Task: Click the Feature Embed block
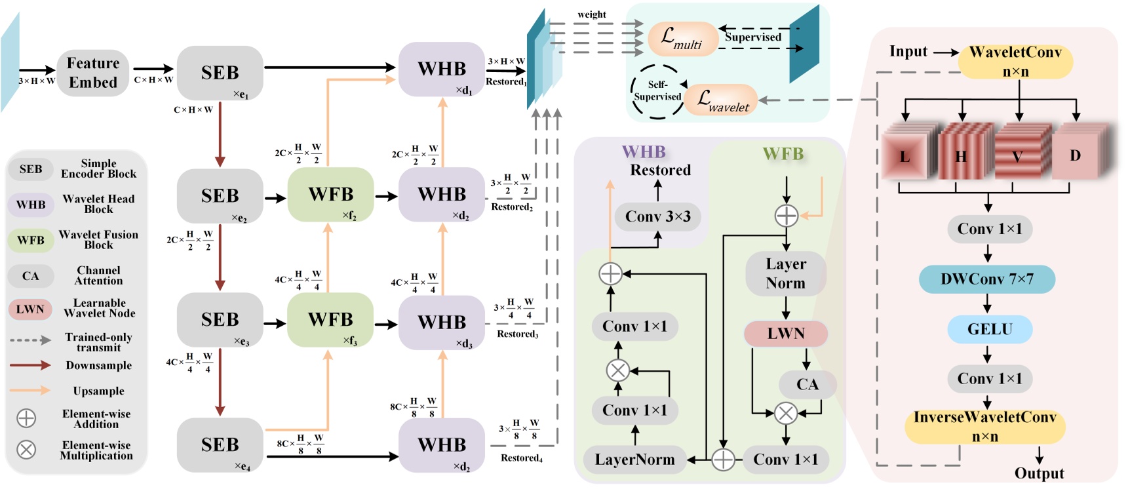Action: tap(93, 73)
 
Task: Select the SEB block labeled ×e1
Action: tap(220, 73)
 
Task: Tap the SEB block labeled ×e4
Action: tap(220, 444)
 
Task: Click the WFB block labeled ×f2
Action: tap(330, 195)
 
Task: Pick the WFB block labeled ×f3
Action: tap(330, 320)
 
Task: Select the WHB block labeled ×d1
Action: tap(442, 69)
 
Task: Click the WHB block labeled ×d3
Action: tap(442, 323)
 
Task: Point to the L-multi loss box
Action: tap(682, 39)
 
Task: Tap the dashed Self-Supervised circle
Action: tap(657, 91)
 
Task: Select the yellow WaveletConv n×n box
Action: tap(1015, 62)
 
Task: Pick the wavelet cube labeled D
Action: tap(1076, 155)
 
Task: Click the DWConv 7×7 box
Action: tap(987, 279)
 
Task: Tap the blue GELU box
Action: tap(990, 329)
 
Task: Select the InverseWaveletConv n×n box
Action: tap(984, 427)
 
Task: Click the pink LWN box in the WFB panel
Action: tap(785, 334)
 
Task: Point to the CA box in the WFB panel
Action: tap(807, 384)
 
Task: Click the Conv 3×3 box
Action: tap(657, 217)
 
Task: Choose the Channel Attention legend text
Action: tap(98, 275)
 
